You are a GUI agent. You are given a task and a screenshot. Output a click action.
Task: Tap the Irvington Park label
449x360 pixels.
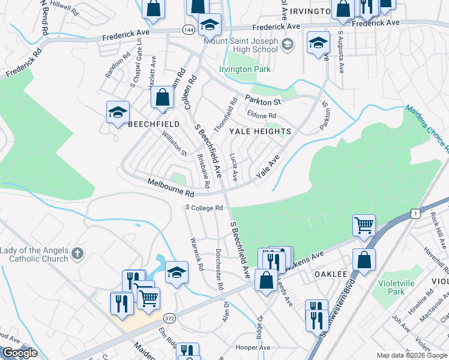coord(244,70)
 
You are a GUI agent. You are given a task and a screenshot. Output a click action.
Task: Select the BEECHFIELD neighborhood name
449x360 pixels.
coord(153,124)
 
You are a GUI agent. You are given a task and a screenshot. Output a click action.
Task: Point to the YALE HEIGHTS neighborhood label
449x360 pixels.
coord(259,131)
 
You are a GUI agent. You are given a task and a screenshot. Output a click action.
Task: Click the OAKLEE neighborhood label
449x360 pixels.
coord(331,274)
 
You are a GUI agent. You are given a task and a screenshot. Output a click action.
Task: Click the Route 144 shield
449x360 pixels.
coord(188,29)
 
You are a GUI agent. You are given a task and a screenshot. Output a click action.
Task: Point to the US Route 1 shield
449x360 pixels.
coord(415,213)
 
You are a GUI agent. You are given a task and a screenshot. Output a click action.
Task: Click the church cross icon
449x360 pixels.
coord(76,254)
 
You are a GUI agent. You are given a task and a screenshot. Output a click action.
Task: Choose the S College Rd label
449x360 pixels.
coord(204,208)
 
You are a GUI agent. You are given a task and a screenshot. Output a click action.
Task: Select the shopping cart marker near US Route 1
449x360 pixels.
coord(364,226)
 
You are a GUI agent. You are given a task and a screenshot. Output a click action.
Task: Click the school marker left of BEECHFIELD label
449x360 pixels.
coord(118,112)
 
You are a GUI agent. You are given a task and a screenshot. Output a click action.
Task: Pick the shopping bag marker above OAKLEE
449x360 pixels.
coord(364,260)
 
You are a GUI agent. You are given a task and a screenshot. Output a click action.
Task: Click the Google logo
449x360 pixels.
coord(20,353)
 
